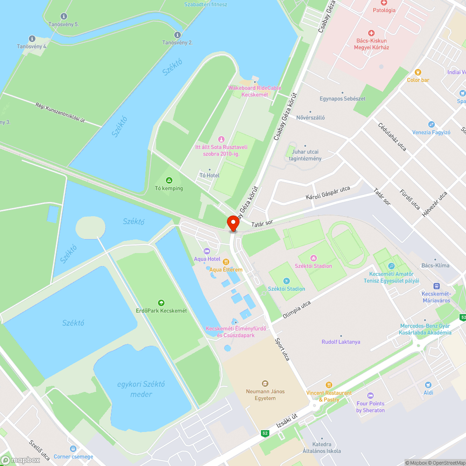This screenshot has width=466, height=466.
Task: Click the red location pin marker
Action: coord(233,223)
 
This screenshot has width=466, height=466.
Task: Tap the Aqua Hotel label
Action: coord(207,259)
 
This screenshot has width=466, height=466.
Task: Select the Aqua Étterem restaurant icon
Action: coord(226,262)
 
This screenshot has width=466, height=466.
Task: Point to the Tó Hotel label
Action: coord(209,175)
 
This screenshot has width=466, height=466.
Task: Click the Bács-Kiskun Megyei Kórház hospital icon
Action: coord(371,33)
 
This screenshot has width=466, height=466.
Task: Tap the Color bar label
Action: coord(418,80)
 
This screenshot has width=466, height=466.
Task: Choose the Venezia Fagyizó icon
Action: coord(431,124)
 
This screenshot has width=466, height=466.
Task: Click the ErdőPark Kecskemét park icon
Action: coord(161,303)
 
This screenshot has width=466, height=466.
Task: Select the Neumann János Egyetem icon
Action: coord(265,384)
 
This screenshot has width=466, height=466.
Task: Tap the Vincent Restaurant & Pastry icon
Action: coord(329,385)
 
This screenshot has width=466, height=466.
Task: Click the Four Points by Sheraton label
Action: coord(370,407)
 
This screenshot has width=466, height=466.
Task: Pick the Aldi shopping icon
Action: coord(428,385)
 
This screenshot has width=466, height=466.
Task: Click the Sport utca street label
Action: coord(282,349)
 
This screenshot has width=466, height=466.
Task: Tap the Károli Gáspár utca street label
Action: coord(328,193)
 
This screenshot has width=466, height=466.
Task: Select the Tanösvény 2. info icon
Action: coord(177,35)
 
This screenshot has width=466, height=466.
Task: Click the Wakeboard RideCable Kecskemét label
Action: coord(255,91)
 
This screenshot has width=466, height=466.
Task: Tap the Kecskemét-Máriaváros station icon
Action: coord(437,286)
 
